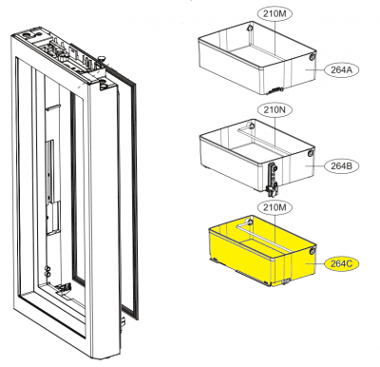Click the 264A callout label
point(341,70)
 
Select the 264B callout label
point(341,166)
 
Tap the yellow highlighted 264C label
point(341,263)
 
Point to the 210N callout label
point(275,110)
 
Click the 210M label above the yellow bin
point(275,208)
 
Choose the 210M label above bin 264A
point(275,14)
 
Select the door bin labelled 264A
point(257,59)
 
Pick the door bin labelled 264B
point(257,156)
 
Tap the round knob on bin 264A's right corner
point(312,57)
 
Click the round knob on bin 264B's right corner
point(311,154)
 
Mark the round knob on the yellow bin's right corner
point(313,252)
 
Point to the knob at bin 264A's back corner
point(251,28)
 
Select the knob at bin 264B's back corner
point(251,126)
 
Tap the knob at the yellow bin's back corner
point(251,221)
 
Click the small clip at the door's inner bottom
point(65,288)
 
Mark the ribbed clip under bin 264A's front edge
point(275,90)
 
